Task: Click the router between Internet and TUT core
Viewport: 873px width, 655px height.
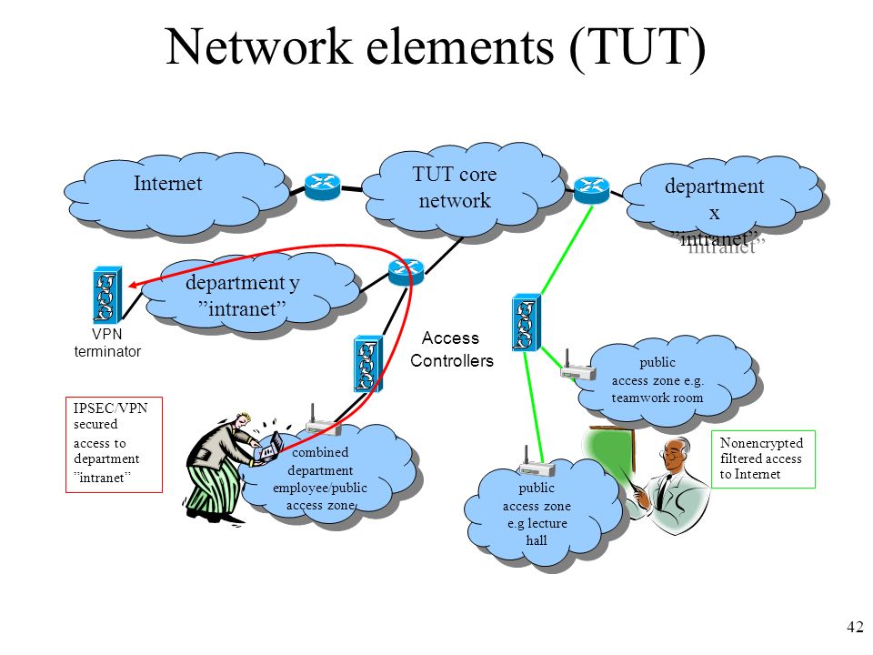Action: pos(322,186)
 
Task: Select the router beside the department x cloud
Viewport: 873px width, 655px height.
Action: pos(591,190)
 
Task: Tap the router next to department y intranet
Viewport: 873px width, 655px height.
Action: pos(406,272)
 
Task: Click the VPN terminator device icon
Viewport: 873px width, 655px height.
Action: pos(107,295)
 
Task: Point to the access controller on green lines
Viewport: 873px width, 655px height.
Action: pos(527,322)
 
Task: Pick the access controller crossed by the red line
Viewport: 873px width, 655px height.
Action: pos(368,363)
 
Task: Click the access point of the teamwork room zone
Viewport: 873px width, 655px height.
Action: pos(578,367)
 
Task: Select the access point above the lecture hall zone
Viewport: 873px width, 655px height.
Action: pos(537,463)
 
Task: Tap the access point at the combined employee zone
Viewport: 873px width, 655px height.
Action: pos(324,423)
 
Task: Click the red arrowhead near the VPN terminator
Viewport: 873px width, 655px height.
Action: pos(133,285)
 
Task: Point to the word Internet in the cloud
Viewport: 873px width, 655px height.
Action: pos(167,183)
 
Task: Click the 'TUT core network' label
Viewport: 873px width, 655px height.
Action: pos(455,187)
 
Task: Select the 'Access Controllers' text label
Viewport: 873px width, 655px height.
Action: pos(452,349)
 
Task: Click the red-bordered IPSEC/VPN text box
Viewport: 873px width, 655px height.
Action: pos(115,445)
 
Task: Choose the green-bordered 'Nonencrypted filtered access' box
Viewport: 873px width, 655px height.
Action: pos(763,458)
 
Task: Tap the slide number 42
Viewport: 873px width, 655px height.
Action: pos(855,627)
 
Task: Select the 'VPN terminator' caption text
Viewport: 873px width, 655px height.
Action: pos(107,343)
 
